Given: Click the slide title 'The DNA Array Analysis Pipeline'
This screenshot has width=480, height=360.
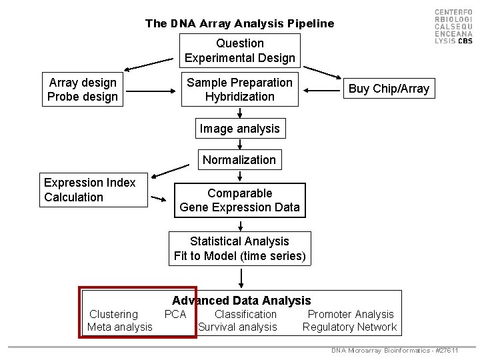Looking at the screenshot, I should [x=239, y=23].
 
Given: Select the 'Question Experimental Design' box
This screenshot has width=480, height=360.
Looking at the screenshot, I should [x=240, y=51].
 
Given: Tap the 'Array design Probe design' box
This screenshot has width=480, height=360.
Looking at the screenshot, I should [x=83, y=89].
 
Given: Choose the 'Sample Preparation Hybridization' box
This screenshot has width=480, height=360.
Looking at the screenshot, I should [x=240, y=89].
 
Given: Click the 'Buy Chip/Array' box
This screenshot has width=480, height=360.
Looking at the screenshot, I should [x=389, y=89].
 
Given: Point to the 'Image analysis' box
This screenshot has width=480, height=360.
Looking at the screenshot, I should [x=240, y=128].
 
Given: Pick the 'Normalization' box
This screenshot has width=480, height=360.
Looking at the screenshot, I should [x=239, y=159].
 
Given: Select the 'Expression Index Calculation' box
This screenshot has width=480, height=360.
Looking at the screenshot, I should [x=93, y=190].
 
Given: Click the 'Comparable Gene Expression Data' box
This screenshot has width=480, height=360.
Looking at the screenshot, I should [x=240, y=200].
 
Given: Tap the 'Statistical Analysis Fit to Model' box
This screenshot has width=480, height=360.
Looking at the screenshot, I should [x=240, y=248].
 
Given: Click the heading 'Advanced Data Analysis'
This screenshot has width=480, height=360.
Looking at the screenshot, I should [x=241, y=301].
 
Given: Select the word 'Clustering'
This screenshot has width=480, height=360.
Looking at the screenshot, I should [x=113, y=314].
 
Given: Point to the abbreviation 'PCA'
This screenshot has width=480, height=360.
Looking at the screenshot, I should [x=175, y=314].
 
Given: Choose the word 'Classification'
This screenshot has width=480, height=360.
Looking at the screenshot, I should [x=245, y=314].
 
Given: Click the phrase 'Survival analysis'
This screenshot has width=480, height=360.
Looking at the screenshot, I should [x=237, y=327].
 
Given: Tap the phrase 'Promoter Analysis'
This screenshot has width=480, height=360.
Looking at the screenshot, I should [x=351, y=314].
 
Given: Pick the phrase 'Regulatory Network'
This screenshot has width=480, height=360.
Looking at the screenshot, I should [x=349, y=327].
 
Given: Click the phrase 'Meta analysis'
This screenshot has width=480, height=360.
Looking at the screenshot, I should [x=120, y=327].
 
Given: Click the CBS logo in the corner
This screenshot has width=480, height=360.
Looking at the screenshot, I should [x=453, y=27].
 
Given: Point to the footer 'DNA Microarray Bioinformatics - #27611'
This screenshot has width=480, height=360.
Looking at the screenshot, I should [x=395, y=351].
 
